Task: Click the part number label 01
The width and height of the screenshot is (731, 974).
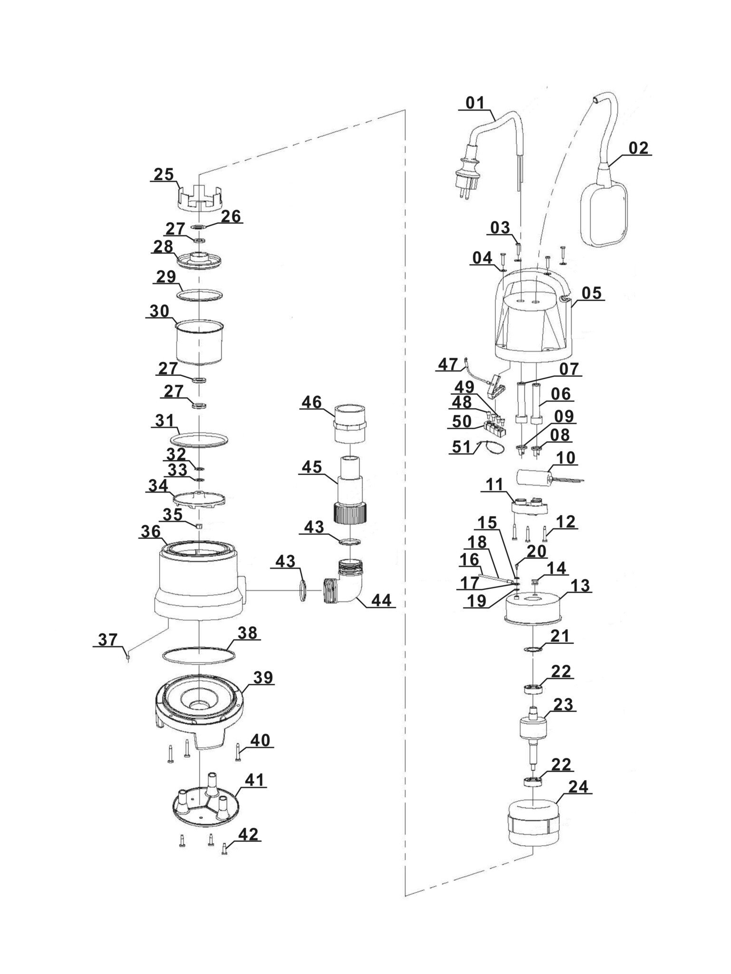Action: (x=475, y=103)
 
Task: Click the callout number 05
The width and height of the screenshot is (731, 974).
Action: (x=592, y=293)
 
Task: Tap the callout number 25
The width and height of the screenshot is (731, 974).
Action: (x=163, y=174)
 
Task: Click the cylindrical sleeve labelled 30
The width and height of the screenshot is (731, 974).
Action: (x=200, y=343)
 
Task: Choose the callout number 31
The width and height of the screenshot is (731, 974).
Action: (x=164, y=420)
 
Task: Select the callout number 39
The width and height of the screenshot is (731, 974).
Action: (x=263, y=677)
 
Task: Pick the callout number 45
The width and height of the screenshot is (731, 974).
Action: (x=311, y=467)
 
